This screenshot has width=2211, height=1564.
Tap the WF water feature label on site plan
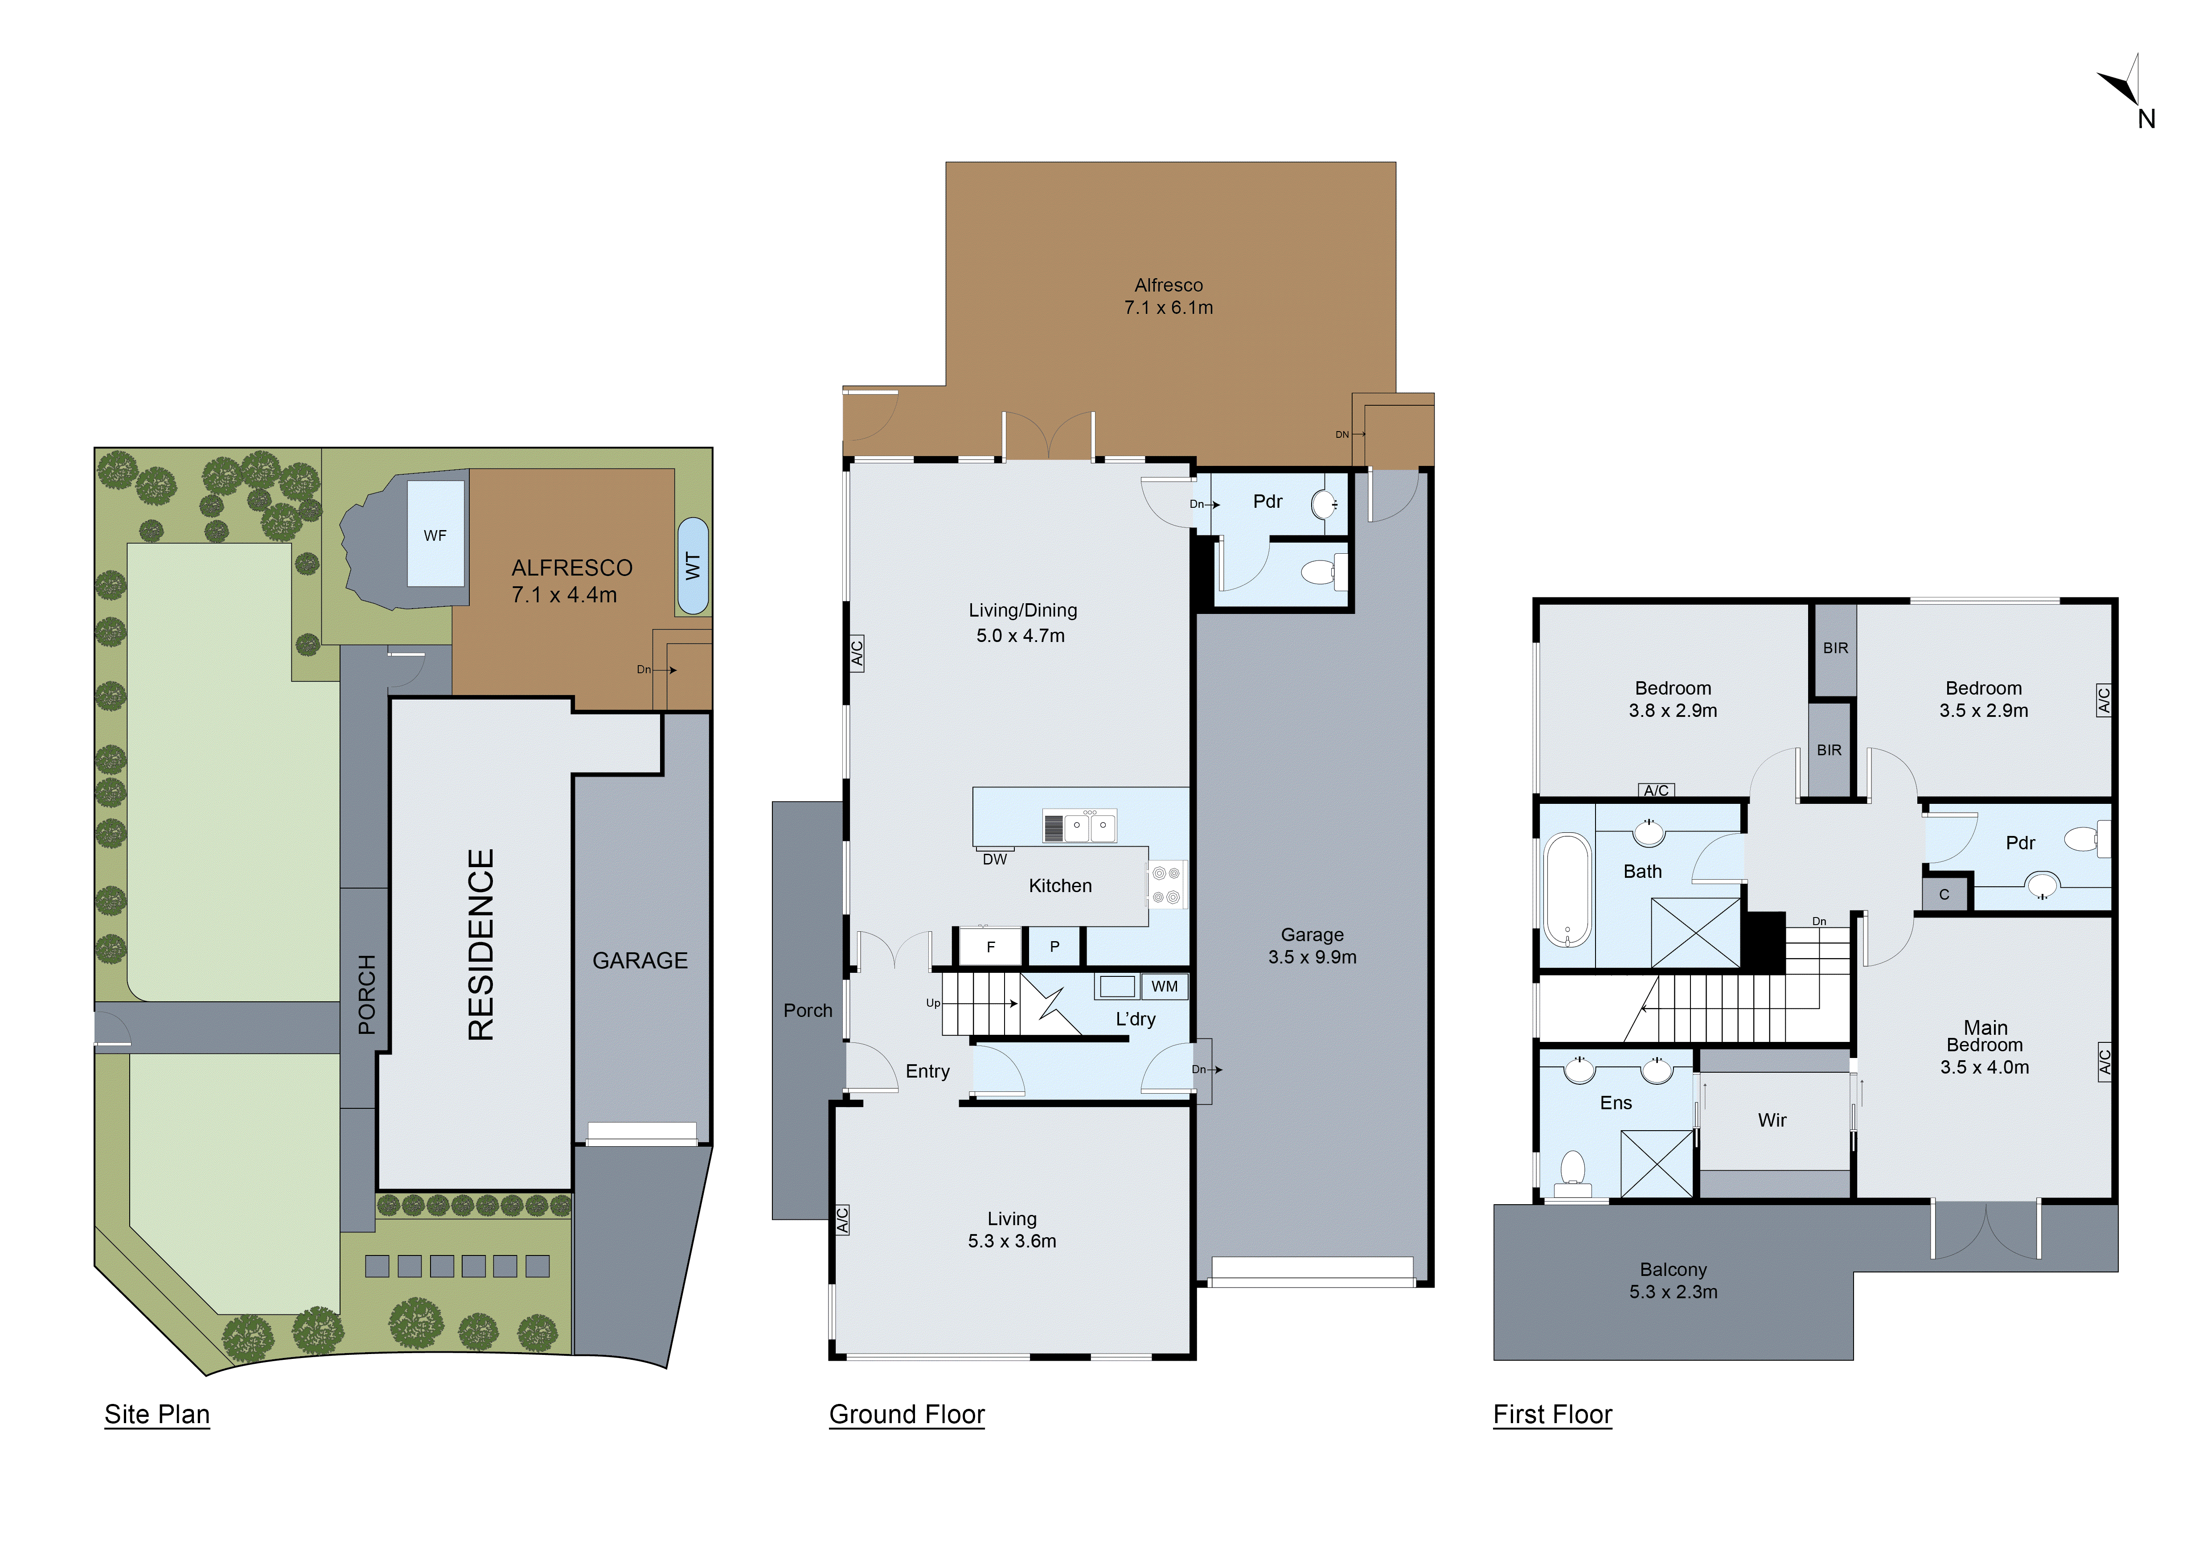pyautogui.click(x=435, y=535)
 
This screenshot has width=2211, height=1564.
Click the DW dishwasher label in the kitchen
pyautogui.click(x=995, y=859)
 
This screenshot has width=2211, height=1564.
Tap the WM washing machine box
pyautogui.click(x=1164, y=986)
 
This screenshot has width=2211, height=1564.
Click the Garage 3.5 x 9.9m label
pyautogui.click(x=1312, y=946)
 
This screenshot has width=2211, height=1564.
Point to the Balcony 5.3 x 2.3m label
pyautogui.click(x=1673, y=1281)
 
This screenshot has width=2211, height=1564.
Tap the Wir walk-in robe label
pyautogui.click(x=1772, y=1120)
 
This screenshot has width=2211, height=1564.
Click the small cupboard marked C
pyautogui.click(x=1944, y=895)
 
